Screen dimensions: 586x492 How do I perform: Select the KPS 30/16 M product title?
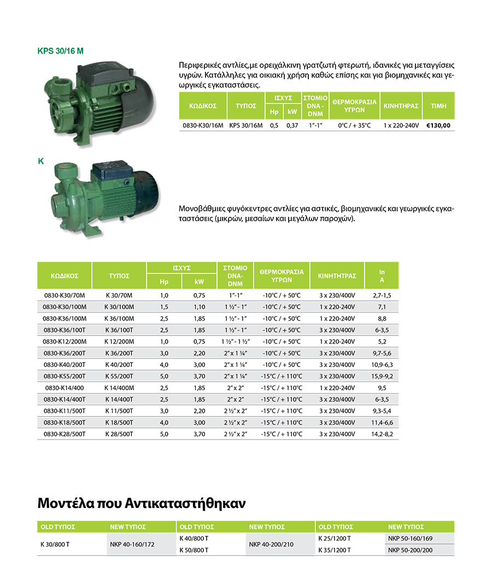click(61, 51)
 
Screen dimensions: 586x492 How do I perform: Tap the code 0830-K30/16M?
click(202, 125)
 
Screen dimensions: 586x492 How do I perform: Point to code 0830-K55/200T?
click(65, 376)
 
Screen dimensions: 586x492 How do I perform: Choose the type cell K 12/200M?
click(119, 341)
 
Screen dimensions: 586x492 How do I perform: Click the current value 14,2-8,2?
click(382, 434)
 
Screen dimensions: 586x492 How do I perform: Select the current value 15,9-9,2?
click(382, 376)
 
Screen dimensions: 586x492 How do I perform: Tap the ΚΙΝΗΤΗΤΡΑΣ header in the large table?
click(337, 276)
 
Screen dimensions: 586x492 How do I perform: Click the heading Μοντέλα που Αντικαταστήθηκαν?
click(142, 502)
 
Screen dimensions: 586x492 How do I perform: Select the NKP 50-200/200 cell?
click(410, 550)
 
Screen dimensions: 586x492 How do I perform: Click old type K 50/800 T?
click(194, 550)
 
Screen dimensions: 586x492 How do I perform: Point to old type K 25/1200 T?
click(335, 538)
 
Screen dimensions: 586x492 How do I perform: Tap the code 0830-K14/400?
click(65, 388)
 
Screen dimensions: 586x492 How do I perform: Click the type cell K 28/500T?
click(119, 434)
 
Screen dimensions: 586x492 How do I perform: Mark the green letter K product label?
click(40, 162)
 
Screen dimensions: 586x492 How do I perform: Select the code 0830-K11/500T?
click(65, 411)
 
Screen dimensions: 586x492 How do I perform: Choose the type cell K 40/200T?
click(119, 365)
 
